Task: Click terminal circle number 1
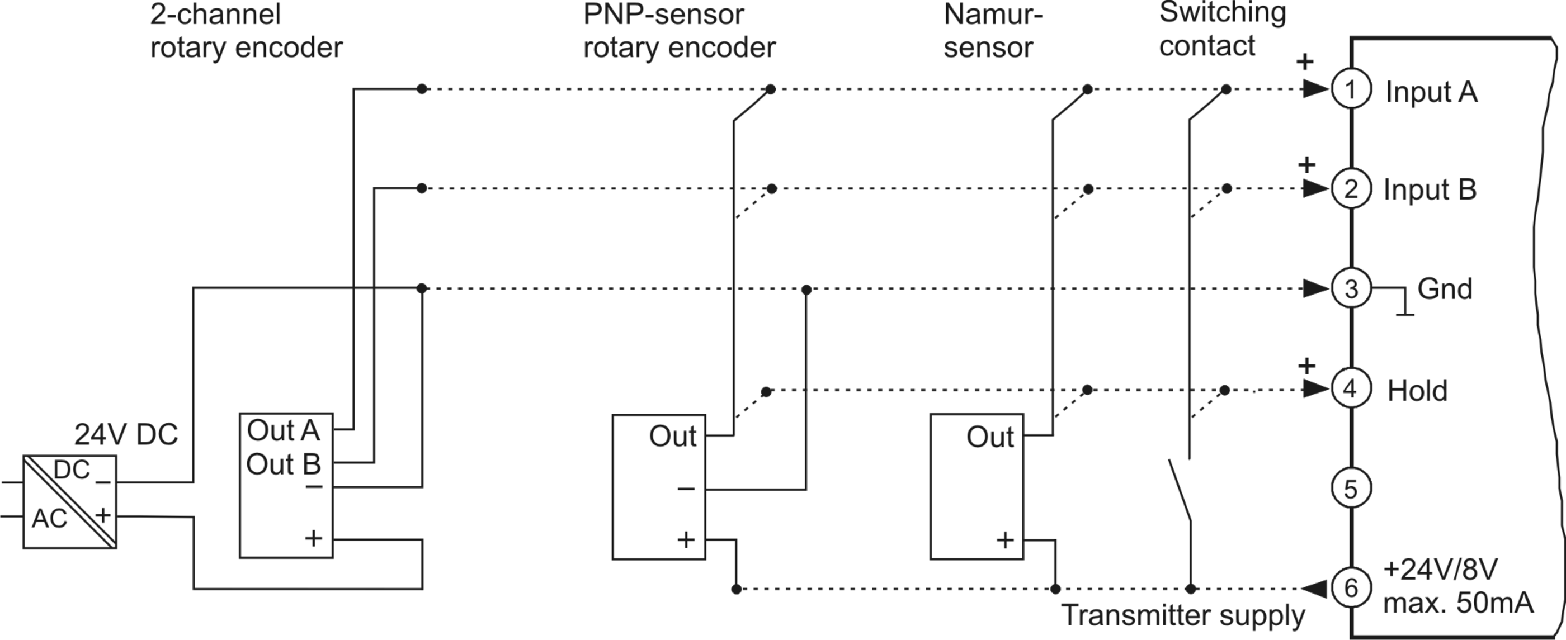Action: pos(1351,89)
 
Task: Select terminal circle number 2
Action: pos(1351,188)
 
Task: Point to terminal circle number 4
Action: pos(1351,388)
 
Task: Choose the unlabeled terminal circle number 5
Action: pos(1351,488)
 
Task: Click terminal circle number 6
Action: pos(1351,587)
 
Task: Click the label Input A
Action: pos(1431,92)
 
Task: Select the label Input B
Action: pos(1430,189)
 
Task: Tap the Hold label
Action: pos(1417,390)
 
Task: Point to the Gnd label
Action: pos(1445,289)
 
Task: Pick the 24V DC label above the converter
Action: pos(126,434)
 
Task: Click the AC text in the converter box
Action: pos(50,519)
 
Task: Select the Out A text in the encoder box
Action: pos(284,430)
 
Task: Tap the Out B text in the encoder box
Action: pos(284,464)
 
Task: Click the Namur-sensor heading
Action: pos(993,31)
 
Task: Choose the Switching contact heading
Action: pos(1223,29)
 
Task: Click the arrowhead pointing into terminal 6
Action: pos(1315,587)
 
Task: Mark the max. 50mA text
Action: pos(1458,604)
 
